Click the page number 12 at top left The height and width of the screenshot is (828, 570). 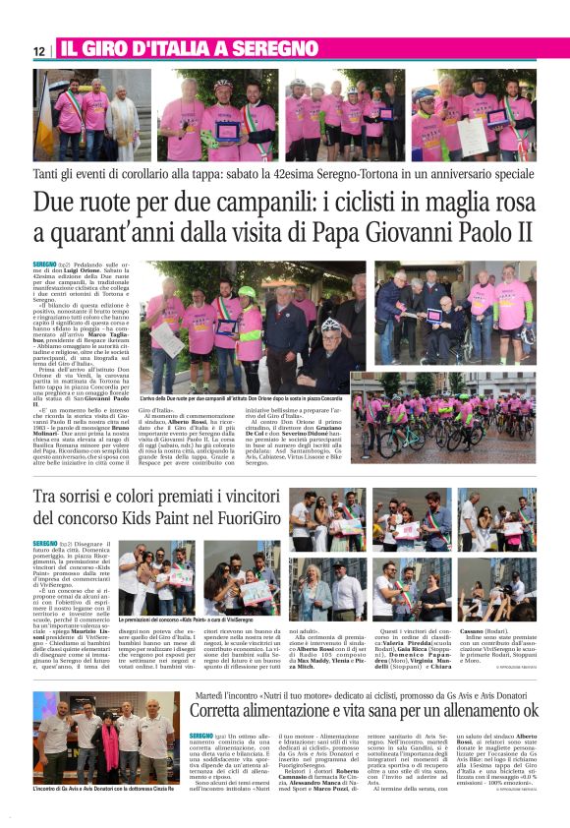click(x=37, y=50)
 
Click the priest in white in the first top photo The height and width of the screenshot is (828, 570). click(x=118, y=110)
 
